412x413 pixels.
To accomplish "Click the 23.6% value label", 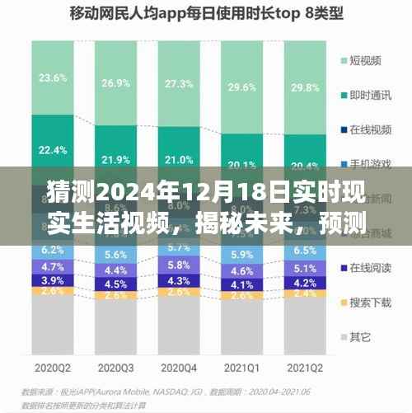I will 53,78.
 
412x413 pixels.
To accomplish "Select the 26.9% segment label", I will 115,83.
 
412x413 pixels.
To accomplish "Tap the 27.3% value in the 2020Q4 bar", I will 179,84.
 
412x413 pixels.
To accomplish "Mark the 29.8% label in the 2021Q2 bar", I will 305,88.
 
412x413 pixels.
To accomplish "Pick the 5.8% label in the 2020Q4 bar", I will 179,265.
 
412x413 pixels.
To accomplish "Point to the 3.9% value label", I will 53,281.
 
